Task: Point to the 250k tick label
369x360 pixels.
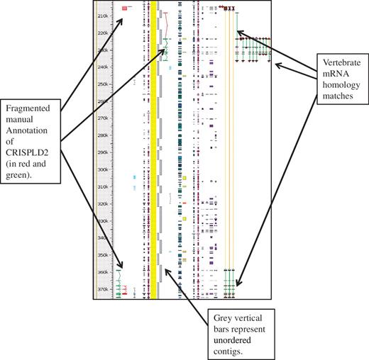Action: [x=103, y=84]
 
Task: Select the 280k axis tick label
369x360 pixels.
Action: [x=103, y=135]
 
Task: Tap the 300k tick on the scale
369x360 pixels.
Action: [x=103, y=169]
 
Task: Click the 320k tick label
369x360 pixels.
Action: [x=103, y=203]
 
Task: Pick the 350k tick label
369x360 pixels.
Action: [x=103, y=254]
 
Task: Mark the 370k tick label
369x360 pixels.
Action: [x=103, y=288]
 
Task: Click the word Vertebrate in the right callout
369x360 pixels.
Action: [x=334, y=62]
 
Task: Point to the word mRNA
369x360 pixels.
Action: [x=326, y=72]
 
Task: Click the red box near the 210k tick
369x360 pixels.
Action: [x=124, y=9]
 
